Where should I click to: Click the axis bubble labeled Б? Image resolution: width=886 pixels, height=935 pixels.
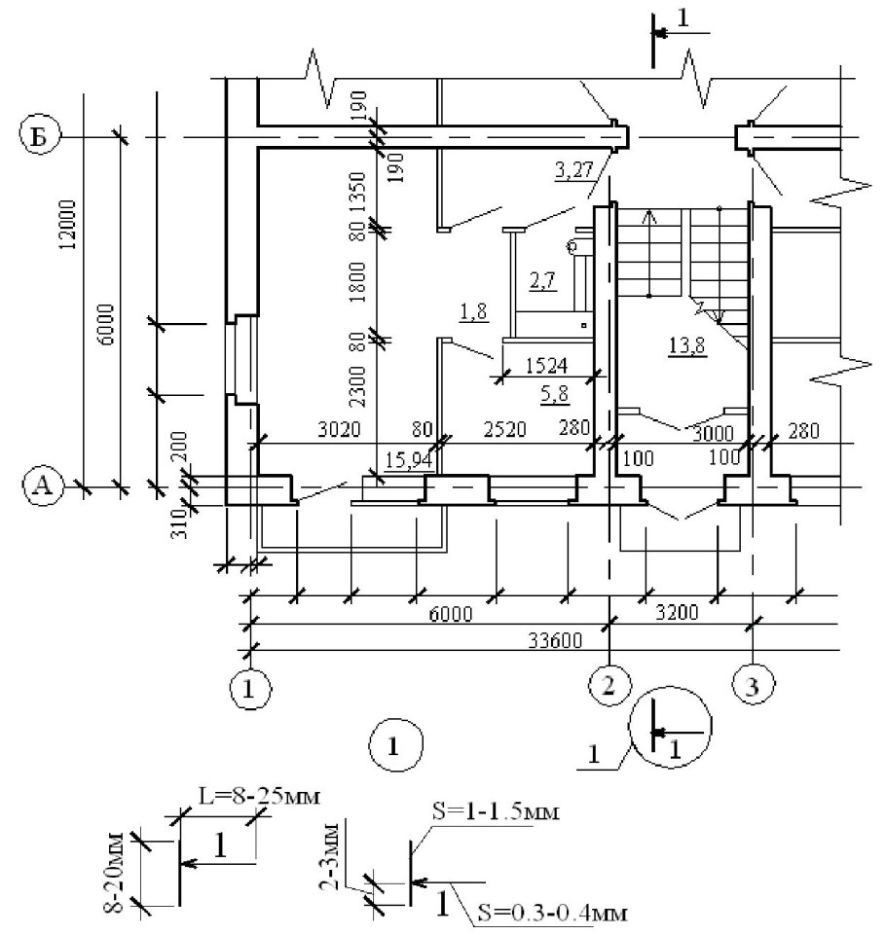point(40,137)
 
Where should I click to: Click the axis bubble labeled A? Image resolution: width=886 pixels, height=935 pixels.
point(40,487)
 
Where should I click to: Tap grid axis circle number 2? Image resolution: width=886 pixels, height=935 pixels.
point(609,685)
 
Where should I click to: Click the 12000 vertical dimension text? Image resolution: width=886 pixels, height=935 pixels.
point(66,226)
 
